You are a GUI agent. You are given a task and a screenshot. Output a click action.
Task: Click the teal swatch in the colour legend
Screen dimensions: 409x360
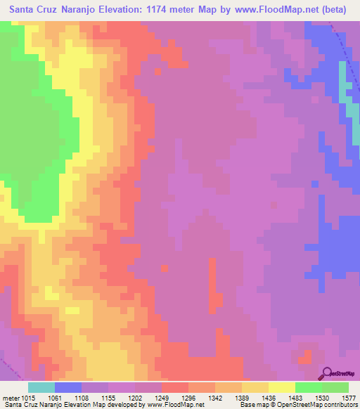click(x=41, y=387)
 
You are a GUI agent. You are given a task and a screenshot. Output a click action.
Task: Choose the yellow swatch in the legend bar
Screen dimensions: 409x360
click(x=282, y=387)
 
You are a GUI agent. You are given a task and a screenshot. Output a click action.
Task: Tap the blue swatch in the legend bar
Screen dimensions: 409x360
click(x=68, y=387)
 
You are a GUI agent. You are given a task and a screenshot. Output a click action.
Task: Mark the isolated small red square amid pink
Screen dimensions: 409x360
click(x=165, y=268)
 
